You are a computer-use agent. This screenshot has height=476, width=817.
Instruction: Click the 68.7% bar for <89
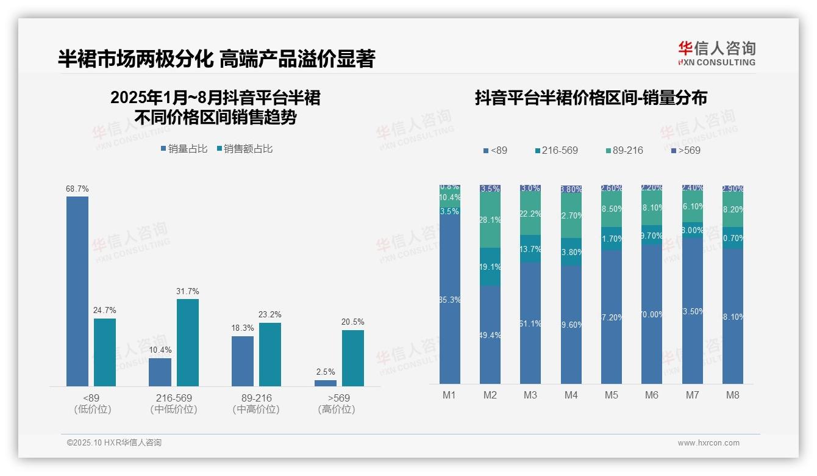click(x=77, y=291)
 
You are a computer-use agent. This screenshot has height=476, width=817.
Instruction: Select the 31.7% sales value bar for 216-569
click(x=188, y=342)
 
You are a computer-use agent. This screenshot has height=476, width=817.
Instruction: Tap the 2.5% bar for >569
click(x=326, y=383)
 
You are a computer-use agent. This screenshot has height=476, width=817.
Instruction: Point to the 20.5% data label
click(x=353, y=322)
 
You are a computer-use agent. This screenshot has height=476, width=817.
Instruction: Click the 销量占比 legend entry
click(x=184, y=149)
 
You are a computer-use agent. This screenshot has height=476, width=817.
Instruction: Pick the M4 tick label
click(x=571, y=395)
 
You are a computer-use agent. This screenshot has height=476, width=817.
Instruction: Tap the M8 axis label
click(x=732, y=395)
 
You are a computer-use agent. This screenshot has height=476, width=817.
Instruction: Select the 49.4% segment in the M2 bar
click(x=490, y=334)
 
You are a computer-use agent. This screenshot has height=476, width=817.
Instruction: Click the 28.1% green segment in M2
click(x=490, y=220)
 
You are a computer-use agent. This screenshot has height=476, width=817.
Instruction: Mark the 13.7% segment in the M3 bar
click(x=530, y=249)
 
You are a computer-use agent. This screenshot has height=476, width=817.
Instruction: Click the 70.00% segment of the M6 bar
click(x=652, y=314)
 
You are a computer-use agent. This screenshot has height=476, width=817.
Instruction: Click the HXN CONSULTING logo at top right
click(x=716, y=54)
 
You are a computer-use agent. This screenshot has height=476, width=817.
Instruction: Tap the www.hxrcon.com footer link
click(x=708, y=443)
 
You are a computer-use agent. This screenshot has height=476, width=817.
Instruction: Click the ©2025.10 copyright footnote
click(x=114, y=443)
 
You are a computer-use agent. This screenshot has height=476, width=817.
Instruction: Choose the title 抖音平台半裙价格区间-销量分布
click(x=591, y=98)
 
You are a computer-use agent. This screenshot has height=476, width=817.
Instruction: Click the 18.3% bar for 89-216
click(x=243, y=361)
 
